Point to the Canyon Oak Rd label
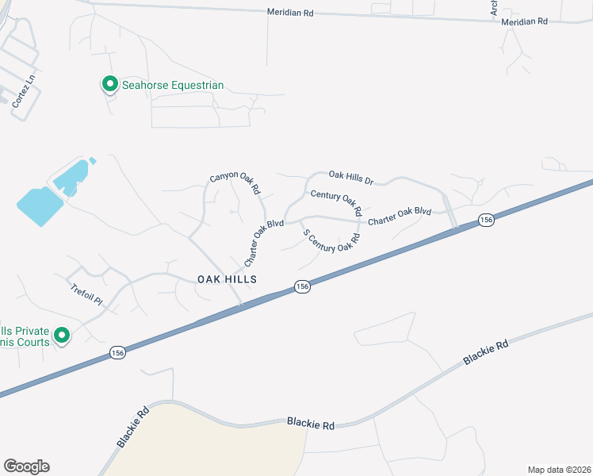point(235,184)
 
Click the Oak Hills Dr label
point(350,177)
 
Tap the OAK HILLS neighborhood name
point(227,279)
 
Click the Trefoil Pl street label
point(86,295)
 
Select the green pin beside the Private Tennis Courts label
point(62,336)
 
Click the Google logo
point(26,466)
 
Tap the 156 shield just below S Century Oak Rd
point(301,287)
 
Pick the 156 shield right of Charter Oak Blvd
point(486,220)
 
